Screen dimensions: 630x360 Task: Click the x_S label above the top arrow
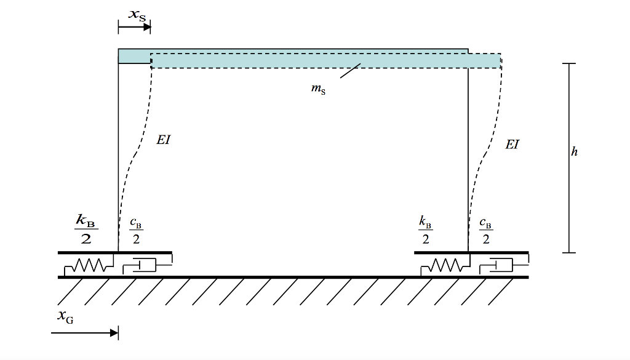pos(137,15)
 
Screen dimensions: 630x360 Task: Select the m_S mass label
pos(318,89)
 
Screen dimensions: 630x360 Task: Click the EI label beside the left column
pos(164,140)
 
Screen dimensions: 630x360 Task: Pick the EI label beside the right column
pos(512,144)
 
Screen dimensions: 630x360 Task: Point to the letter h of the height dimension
pos(575,151)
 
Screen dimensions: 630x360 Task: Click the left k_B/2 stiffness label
pos(86,230)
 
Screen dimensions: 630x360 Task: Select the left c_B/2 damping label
pos(136,231)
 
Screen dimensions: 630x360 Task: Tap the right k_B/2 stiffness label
pos(426,230)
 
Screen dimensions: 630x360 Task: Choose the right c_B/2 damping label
pos(486,231)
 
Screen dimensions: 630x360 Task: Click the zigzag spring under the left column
pos(89,265)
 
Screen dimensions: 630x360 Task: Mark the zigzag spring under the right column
pos(445,265)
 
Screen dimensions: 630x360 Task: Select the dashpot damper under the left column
pos(147,265)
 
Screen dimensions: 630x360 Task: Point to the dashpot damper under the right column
pos(504,265)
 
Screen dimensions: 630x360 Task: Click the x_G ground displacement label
pos(65,316)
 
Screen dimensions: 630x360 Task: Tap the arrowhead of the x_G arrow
pos(114,333)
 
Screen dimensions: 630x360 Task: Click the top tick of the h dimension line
pos(569,63)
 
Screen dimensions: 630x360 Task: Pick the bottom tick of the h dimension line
pos(569,253)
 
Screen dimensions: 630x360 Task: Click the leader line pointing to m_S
pos(350,71)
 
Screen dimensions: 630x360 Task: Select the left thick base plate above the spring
pos(115,253)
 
